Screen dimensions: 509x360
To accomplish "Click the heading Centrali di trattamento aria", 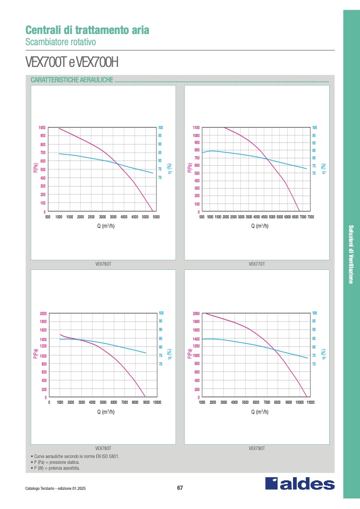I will pos(87,30).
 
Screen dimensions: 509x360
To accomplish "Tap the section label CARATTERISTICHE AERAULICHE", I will pos(72,80).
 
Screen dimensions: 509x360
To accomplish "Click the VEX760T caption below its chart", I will pos(103,264).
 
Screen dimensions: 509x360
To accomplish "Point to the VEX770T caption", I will pos(257,264).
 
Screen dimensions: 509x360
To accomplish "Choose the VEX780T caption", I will pos(103,448).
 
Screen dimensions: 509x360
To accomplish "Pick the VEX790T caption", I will pos(257,448).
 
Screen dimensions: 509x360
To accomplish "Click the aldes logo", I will pos(300,484).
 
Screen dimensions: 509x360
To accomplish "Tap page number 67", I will pos(180,488).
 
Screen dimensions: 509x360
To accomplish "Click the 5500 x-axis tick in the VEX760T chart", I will pos(156,217).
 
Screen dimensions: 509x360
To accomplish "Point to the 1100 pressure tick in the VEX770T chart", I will pos(196,128).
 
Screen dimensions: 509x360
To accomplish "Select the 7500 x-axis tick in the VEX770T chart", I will pos(311,217).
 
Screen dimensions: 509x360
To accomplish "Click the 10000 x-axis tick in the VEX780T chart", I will pos(157,403).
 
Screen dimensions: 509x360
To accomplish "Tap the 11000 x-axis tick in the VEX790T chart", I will pos(311,403).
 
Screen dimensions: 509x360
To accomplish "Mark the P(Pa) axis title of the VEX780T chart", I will pos(36,355).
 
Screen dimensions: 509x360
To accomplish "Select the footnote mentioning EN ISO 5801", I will pos(75,456).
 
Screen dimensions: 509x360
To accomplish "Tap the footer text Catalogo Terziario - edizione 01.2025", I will pos(55,489).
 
